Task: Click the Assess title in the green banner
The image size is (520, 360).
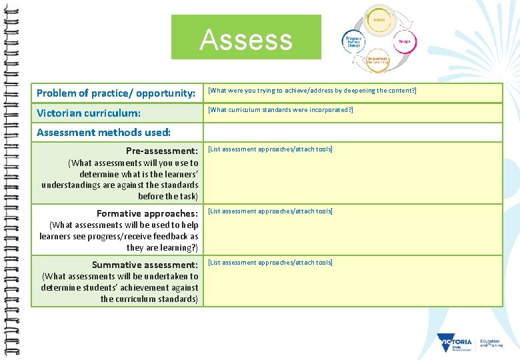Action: (246, 39)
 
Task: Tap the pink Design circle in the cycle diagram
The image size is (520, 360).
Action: (404, 41)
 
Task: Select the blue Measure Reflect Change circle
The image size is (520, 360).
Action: (353, 41)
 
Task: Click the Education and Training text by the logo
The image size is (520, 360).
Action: (490, 343)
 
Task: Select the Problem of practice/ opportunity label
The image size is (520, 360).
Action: (116, 93)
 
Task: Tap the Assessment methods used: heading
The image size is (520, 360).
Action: (103, 132)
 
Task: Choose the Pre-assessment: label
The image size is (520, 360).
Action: (162, 151)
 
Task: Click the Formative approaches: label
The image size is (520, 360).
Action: (147, 213)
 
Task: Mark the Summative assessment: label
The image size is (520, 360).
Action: (145, 265)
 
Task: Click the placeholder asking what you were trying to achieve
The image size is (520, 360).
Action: (312, 90)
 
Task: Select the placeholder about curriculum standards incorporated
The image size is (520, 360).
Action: (281, 109)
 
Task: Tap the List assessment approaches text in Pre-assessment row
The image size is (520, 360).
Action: (270, 149)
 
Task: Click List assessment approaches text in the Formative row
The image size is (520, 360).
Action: (270, 211)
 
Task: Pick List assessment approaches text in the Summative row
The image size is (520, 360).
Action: (270, 262)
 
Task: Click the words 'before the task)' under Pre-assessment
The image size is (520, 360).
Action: (168, 196)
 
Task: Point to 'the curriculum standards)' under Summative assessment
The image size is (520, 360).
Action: (149, 299)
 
